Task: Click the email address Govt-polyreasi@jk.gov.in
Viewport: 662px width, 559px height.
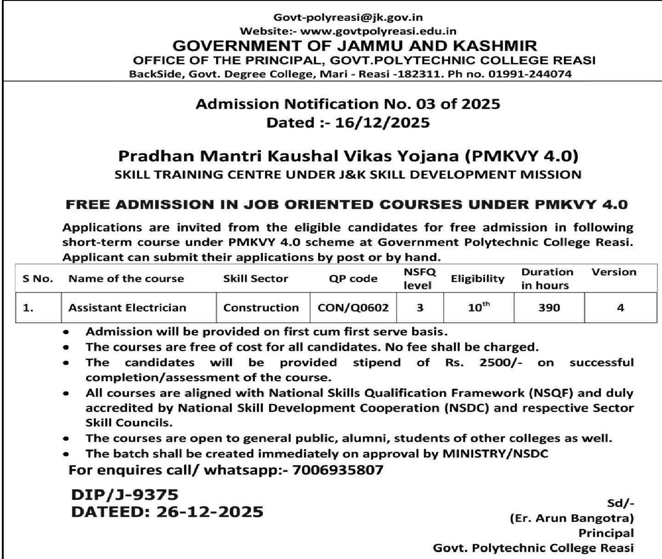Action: tap(348, 18)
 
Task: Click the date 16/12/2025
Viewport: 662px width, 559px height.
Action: tap(383, 123)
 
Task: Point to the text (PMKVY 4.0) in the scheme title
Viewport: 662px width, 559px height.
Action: tap(521, 156)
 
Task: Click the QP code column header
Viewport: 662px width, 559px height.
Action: tap(353, 279)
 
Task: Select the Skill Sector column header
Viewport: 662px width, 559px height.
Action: tap(255, 279)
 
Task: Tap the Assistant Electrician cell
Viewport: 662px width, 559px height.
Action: tap(127, 308)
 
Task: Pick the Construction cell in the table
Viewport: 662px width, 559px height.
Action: tap(261, 308)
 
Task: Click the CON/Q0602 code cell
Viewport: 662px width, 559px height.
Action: tap(353, 308)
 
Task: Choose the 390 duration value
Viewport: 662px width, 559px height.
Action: tap(549, 308)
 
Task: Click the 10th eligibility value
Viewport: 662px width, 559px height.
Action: tap(479, 307)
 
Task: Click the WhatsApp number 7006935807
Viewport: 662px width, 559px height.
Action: tap(337, 470)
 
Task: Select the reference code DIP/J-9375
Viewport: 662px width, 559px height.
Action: tap(124, 495)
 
